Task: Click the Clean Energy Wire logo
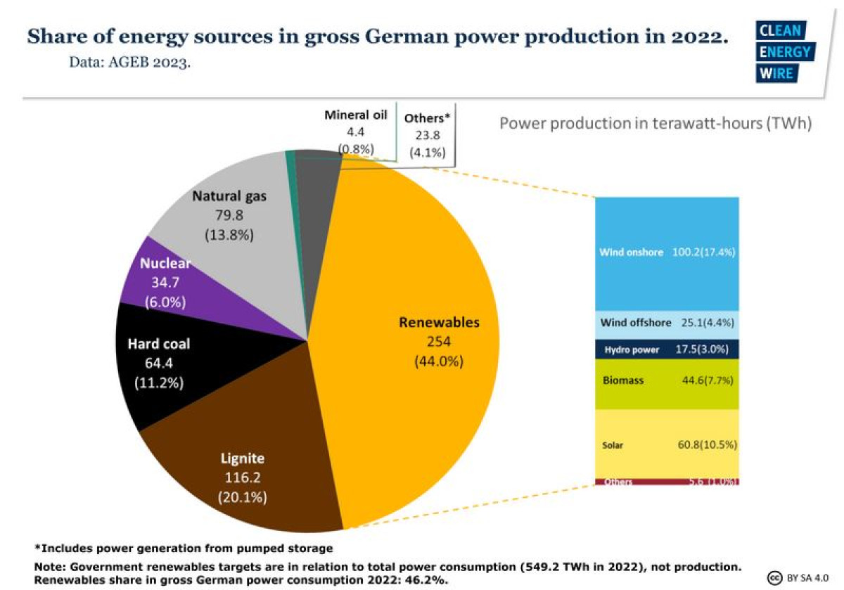tap(785, 52)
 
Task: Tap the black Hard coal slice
tap(158, 366)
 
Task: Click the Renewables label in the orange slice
tap(439, 323)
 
